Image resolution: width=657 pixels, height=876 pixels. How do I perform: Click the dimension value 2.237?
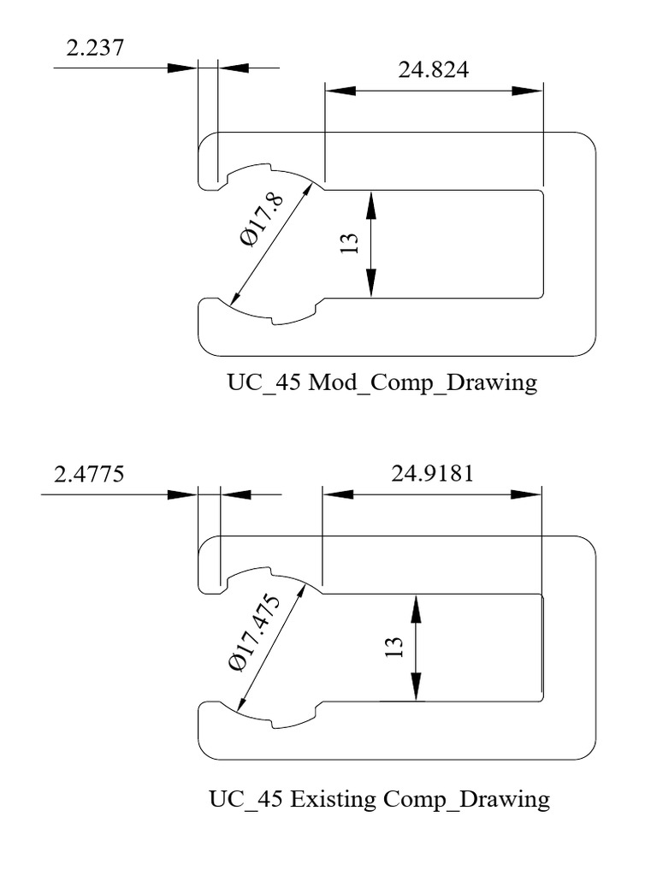(94, 48)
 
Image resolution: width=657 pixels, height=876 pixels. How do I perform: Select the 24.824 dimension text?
(433, 70)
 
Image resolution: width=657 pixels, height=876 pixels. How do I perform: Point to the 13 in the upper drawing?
(349, 244)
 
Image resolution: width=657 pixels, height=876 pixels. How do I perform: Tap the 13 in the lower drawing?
(394, 648)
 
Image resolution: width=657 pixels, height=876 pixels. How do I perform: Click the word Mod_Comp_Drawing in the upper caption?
(423, 382)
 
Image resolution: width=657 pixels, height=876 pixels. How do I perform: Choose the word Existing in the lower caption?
(334, 800)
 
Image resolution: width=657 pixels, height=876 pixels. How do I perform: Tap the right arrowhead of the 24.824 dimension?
(528, 91)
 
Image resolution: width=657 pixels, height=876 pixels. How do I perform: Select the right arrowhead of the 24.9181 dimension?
(527, 494)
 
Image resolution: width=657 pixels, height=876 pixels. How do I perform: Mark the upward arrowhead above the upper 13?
(371, 204)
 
